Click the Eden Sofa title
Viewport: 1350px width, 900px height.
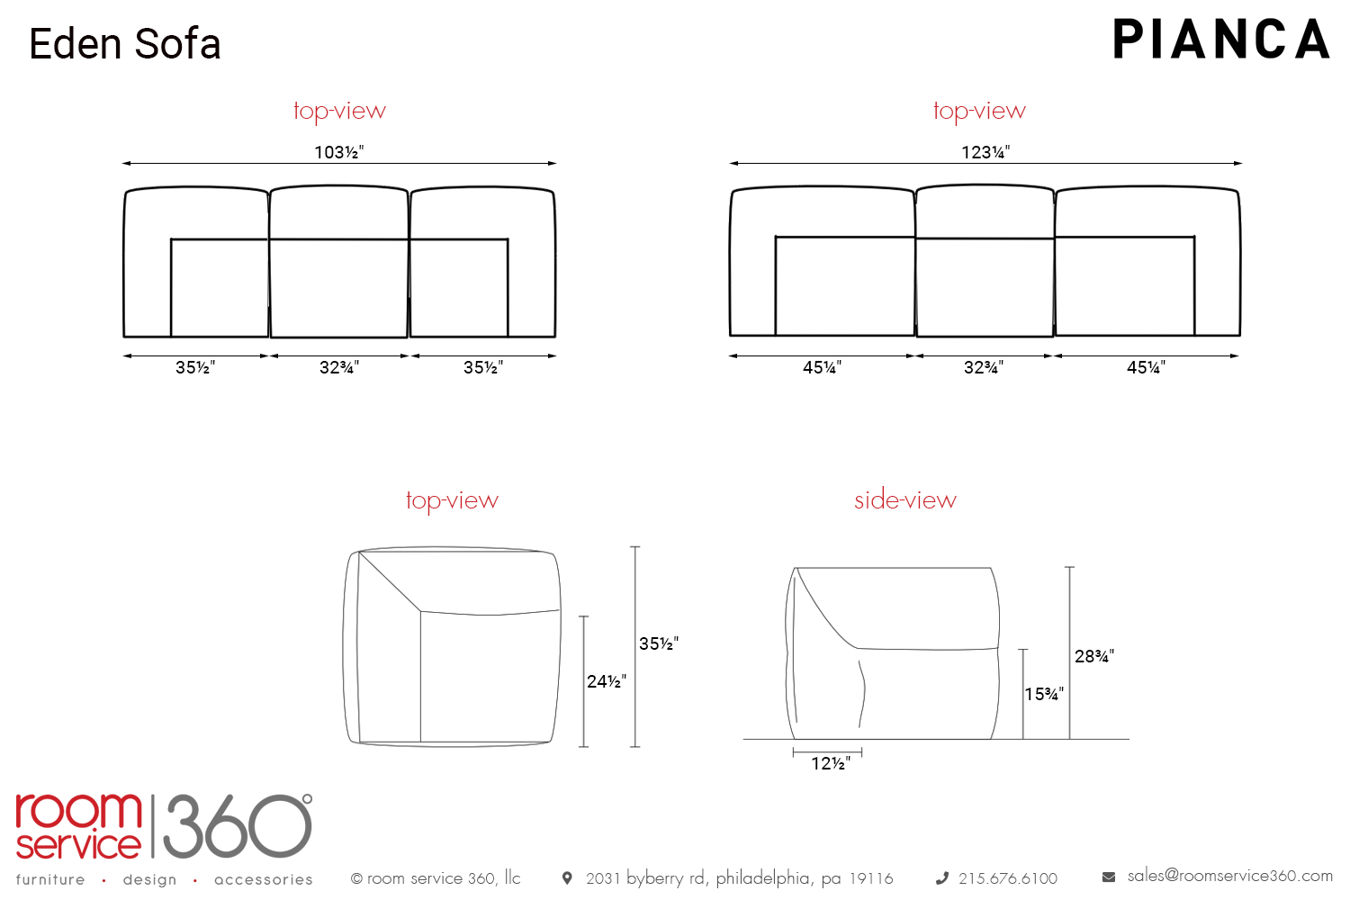[125, 44]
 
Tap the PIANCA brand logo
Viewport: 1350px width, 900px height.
[1221, 40]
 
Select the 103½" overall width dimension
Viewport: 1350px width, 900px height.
[338, 152]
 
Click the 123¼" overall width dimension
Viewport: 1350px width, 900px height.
[985, 152]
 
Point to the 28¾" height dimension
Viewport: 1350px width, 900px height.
[1094, 656]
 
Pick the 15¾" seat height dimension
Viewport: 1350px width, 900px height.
[1044, 694]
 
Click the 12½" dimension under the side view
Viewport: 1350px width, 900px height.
[831, 764]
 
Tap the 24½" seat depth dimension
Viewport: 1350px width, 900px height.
[607, 681]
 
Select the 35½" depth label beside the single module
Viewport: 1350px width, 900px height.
[659, 643]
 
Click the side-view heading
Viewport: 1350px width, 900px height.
[905, 500]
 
